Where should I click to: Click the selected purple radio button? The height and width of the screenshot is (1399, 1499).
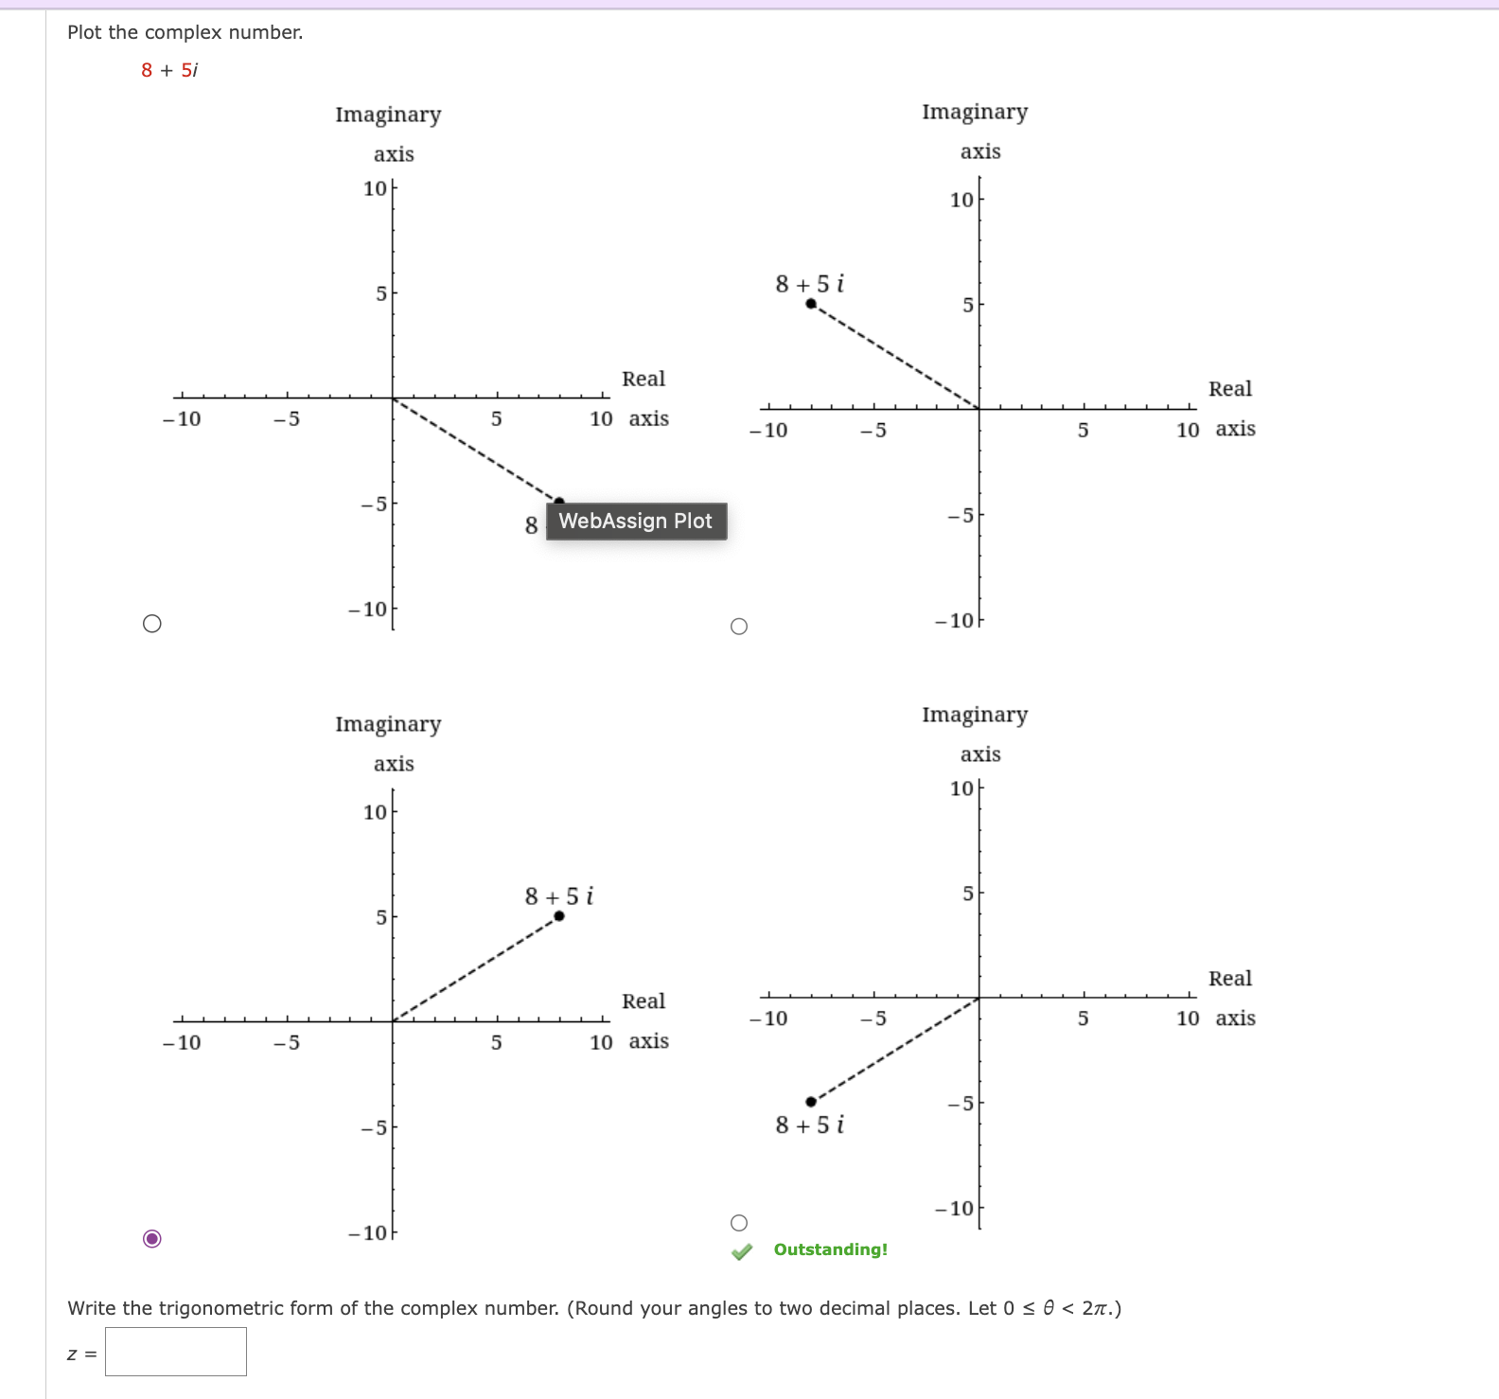[152, 1238]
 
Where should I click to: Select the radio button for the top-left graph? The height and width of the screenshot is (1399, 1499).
[152, 623]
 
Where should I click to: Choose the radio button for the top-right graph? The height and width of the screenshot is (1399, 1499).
[739, 627]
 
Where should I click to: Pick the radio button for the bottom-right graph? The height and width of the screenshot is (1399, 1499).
[739, 1223]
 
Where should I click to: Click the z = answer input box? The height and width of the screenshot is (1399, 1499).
[176, 1352]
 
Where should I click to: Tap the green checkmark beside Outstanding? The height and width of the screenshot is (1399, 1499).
[742, 1251]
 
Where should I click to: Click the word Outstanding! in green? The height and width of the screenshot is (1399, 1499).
[831, 1249]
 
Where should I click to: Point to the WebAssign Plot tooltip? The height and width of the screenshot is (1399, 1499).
[636, 522]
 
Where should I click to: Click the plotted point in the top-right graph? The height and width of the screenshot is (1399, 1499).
[811, 304]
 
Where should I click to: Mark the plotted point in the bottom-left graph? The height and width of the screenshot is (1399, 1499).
[559, 915]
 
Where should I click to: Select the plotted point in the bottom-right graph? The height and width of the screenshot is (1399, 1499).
[811, 1102]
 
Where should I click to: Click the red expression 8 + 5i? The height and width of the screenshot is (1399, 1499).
[169, 70]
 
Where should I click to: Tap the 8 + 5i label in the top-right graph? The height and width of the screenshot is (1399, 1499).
[809, 284]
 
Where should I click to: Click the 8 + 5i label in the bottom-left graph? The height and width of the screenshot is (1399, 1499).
[559, 895]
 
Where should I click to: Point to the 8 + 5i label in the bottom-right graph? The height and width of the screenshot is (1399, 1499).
[809, 1125]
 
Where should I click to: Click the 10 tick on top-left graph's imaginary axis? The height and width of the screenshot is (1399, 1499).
[375, 188]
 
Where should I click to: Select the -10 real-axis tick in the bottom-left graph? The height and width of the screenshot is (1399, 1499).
[182, 1042]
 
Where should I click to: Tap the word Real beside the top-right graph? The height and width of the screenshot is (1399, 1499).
[1230, 389]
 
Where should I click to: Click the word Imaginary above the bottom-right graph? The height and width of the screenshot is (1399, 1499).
[975, 715]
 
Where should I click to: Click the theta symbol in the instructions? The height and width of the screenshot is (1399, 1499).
[1048, 1308]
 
